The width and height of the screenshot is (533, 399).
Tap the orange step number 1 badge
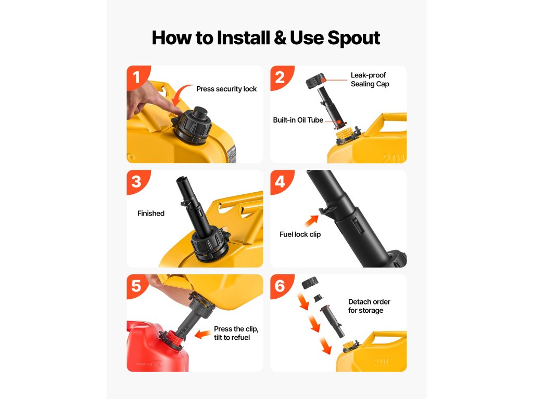[137, 77]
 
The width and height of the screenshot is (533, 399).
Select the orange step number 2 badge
[280, 77]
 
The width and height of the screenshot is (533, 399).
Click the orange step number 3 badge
[137, 181]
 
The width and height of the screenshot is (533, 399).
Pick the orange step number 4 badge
[280, 181]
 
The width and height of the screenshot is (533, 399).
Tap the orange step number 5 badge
[137, 286]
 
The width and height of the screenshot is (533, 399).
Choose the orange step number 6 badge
[280, 286]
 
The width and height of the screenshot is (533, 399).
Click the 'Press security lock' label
[226, 89]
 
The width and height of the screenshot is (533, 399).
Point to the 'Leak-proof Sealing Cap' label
[370, 79]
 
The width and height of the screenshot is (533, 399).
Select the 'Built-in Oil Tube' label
[298, 120]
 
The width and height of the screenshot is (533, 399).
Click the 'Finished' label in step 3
[151, 213]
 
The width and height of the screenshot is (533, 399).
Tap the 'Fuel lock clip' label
[300, 234]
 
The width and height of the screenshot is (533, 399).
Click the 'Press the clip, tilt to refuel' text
[236, 333]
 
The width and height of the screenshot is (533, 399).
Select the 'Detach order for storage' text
[369, 305]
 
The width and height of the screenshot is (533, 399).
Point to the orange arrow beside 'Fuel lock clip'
[311, 220]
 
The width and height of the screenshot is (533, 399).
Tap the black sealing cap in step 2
[315, 82]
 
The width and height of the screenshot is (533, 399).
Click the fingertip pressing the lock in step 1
[177, 111]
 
